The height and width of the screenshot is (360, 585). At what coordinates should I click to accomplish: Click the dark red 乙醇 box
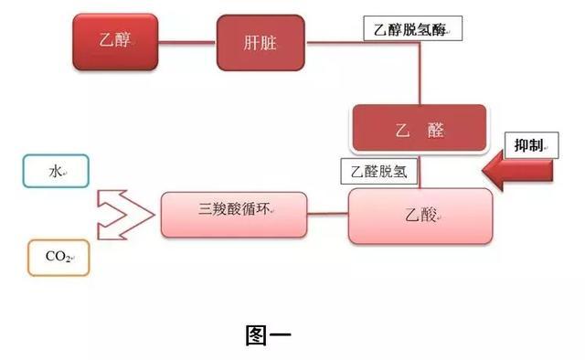114,42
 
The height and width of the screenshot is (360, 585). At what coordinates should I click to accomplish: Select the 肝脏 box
260,42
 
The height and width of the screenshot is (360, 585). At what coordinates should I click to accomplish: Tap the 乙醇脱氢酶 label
411,29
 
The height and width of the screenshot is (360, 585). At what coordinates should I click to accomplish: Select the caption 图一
269,335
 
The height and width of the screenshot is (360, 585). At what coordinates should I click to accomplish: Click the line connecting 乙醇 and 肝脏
186,42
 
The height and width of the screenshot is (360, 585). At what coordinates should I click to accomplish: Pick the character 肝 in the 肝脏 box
250,42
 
